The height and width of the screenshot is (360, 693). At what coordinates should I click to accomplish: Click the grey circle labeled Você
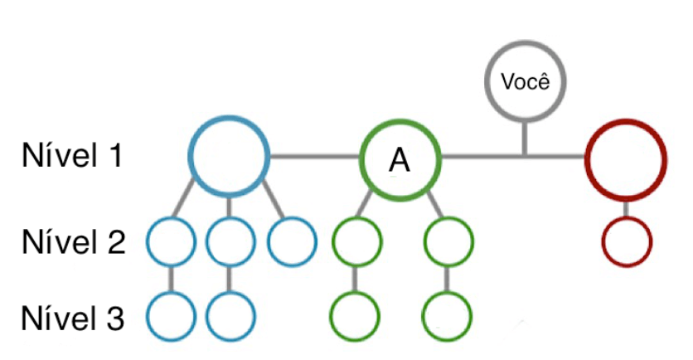point(523,82)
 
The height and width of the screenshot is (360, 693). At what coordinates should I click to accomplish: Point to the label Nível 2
point(74,241)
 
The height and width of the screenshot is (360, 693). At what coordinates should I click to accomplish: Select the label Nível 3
point(74,317)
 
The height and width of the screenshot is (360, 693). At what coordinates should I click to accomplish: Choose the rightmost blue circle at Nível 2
point(292,241)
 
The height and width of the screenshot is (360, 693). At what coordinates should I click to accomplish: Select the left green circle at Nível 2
point(356,241)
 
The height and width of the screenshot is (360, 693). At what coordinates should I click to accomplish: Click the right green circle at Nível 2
point(448,241)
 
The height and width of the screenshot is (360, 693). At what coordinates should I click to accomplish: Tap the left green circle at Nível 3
point(356,316)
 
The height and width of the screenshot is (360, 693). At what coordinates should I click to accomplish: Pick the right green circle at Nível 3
point(448,316)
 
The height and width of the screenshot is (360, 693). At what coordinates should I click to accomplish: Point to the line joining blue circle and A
point(315,155)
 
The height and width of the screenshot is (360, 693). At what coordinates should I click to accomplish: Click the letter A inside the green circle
point(400,160)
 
